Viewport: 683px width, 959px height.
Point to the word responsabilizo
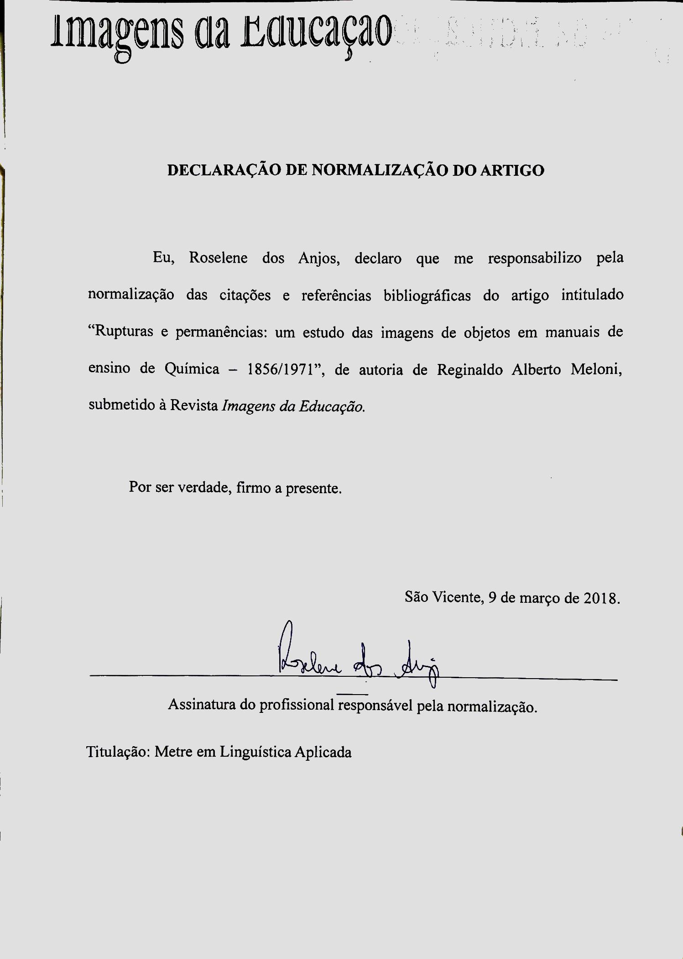coord(535,258)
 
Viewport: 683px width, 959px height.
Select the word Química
coord(192,369)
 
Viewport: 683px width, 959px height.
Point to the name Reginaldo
coord(469,369)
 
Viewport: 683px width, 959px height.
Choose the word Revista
coord(194,406)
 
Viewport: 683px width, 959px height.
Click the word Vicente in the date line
coord(458,597)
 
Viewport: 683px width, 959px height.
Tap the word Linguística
coord(255,752)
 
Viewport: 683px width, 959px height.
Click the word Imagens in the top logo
coord(117,32)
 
